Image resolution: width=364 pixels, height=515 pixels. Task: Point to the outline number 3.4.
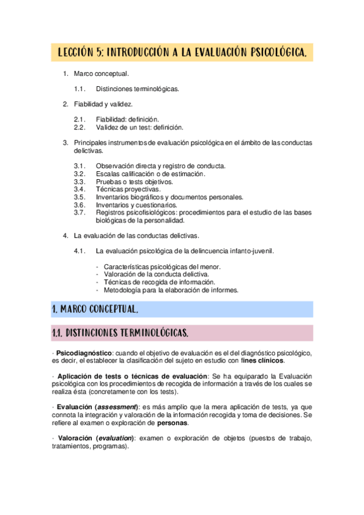(x=80, y=189)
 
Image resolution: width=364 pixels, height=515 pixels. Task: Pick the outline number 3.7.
(x=80, y=213)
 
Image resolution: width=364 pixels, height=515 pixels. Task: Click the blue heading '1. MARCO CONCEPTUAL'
(x=95, y=309)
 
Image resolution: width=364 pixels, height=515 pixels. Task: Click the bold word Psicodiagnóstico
(x=84, y=353)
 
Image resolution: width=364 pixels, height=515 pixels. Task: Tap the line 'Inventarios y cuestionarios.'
(x=136, y=205)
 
